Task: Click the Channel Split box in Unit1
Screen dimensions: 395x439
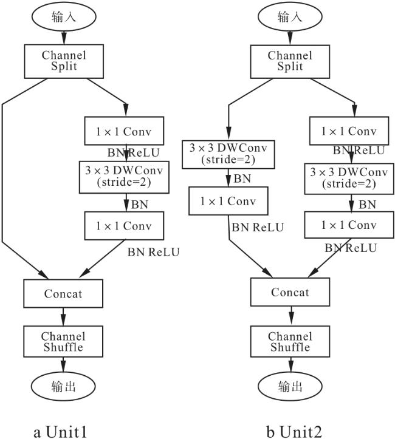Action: (x=64, y=61)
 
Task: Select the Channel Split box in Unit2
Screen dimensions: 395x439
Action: (x=290, y=61)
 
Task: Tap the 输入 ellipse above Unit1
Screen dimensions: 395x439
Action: (x=64, y=17)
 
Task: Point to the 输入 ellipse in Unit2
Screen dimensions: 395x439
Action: (x=290, y=17)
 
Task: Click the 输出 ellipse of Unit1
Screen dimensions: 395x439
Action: (x=63, y=387)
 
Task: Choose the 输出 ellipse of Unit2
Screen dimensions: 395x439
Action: (x=290, y=387)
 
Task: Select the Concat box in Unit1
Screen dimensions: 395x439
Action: (x=63, y=293)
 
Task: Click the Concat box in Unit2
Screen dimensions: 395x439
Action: (x=290, y=292)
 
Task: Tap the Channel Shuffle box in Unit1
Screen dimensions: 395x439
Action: (x=63, y=342)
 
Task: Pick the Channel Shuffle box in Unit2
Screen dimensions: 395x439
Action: (x=290, y=342)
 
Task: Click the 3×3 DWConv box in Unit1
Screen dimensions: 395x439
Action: (x=124, y=177)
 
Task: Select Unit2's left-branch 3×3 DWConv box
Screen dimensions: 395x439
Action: (x=228, y=155)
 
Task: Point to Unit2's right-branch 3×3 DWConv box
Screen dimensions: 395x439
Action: (x=349, y=179)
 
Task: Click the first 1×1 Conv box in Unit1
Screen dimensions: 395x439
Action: (x=124, y=131)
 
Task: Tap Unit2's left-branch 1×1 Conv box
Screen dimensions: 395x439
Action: (x=228, y=201)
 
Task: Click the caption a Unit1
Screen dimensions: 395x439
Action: (x=60, y=431)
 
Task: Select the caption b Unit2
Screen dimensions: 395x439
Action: (x=294, y=431)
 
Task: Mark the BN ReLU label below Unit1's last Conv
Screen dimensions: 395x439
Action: (x=153, y=252)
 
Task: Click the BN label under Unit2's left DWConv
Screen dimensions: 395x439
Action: (x=242, y=179)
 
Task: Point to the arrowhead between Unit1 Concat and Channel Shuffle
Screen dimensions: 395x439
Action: (x=63, y=320)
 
